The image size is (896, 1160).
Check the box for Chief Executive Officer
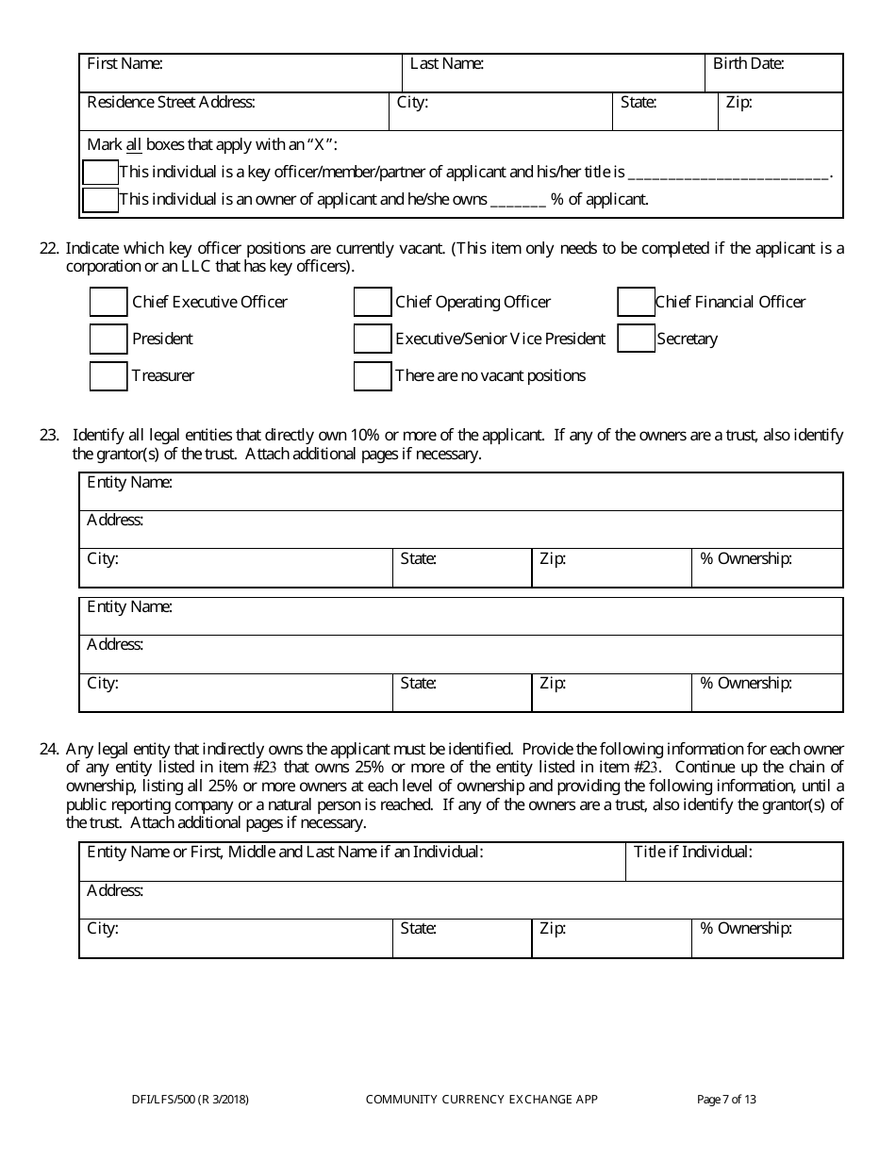coord(108,302)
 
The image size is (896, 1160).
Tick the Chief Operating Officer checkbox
coord(373,302)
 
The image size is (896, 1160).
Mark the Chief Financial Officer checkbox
coord(637,302)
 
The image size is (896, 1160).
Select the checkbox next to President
coord(108,339)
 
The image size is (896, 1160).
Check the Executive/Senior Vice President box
coord(373,339)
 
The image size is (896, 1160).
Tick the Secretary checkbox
coord(637,339)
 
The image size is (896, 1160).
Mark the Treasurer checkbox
coord(108,375)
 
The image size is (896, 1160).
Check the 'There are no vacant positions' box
coord(373,375)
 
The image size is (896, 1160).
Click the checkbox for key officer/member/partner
coord(101,173)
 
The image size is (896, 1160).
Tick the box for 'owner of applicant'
coord(101,200)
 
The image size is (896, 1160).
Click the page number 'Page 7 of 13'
coord(726,1099)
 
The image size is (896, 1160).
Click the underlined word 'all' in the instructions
coord(134,145)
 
